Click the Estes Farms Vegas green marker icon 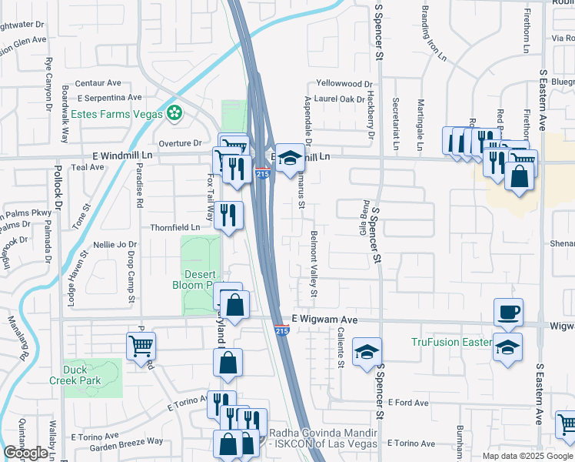pos(175,113)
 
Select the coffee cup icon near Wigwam pos(508,312)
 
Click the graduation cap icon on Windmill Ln pos(289,159)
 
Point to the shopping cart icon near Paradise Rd pos(141,346)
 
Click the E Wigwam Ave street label pos(325,319)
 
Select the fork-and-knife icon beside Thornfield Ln pos(228,215)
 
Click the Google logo pos(25,453)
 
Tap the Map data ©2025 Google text pos(527,456)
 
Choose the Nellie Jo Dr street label pos(109,245)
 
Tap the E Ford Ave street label pos(408,403)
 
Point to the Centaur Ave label pos(98,83)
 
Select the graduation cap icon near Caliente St pos(367,352)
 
